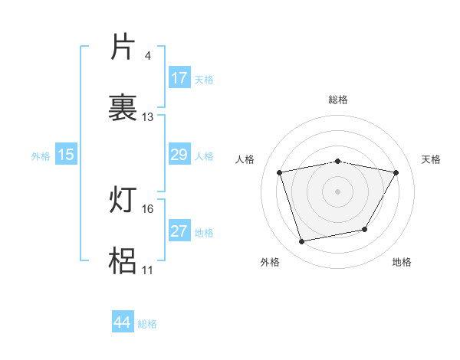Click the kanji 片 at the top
123,47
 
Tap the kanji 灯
123,201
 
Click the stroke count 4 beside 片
147,56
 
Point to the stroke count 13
148,117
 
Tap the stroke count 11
148,270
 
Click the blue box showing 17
179,78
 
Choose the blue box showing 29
179,155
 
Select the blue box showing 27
179,231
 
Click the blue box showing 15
66,155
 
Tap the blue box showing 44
123,322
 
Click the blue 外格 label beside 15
41,156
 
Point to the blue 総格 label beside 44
147,324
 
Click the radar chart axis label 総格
338,100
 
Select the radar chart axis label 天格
432,159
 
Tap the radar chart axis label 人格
245,159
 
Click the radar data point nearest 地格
365,229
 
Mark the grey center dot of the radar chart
338,191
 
